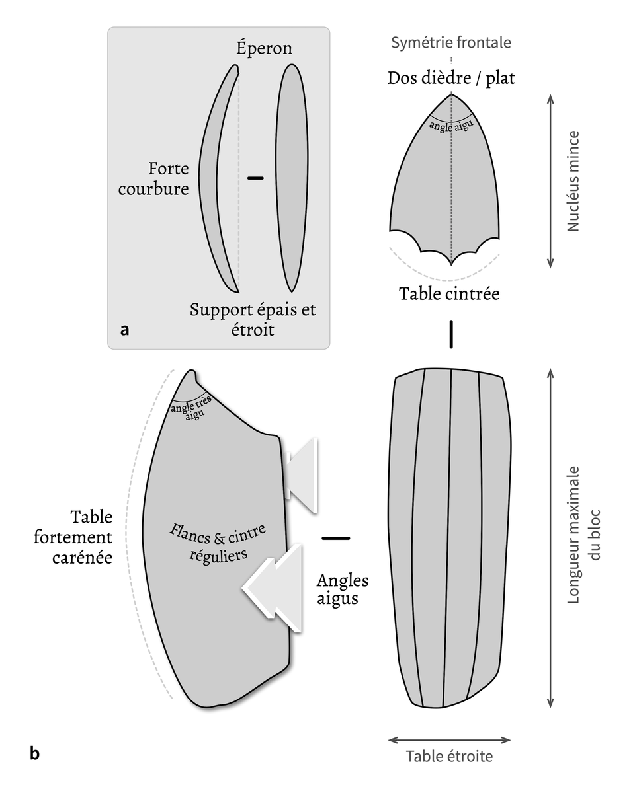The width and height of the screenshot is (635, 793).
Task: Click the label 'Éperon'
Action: click(264, 48)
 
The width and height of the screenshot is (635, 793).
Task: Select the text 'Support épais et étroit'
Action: click(253, 319)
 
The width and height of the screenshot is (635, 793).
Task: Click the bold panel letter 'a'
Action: click(124, 330)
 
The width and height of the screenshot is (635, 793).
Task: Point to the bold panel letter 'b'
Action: click(34, 753)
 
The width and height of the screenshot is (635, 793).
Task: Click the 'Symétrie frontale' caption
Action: click(451, 43)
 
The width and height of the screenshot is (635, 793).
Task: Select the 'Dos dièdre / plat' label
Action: click(451, 79)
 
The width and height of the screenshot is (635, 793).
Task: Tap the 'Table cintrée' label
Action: click(449, 293)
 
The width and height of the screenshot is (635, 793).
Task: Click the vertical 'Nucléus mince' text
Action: click(573, 180)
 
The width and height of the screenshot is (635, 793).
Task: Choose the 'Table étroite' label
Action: click(449, 756)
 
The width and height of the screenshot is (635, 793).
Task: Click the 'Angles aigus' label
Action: click(342, 589)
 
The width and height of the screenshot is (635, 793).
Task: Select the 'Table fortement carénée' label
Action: click(82, 537)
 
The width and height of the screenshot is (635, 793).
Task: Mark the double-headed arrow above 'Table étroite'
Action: click(449, 739)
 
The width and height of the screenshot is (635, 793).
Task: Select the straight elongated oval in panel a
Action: click(291, 178)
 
